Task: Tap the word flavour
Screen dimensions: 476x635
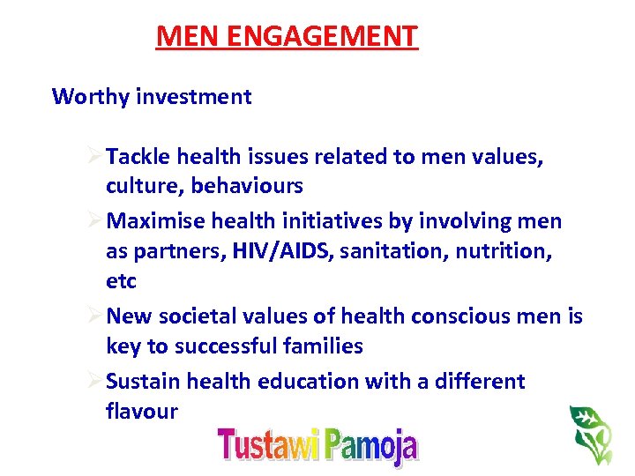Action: coord(142,411)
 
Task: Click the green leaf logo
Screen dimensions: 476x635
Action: coord(590,434)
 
